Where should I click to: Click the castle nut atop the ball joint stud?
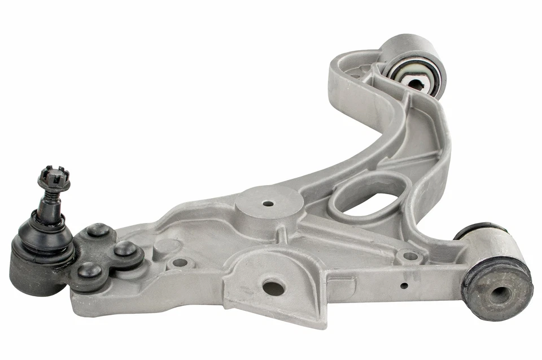click(x=54, y=178)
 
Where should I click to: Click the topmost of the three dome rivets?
click(x=98, y=229)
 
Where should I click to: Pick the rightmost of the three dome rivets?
click(x=125, y=249)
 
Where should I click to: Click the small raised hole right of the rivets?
click(x=180, y=262)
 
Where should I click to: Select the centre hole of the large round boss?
click(x=268, y=203)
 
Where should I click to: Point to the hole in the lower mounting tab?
click(x=273, y=287)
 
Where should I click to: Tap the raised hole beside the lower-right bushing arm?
click(x=410, y=256)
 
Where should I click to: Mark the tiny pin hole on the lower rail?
click(x=404, y=286)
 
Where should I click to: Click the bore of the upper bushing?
click(x=416, y=84)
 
